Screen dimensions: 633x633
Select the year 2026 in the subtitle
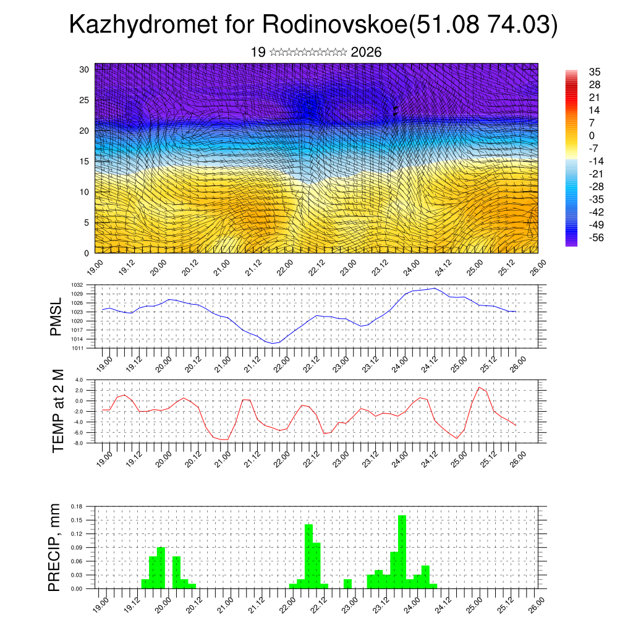click(x=366, y=53)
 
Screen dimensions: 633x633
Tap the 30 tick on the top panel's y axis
click(x=85, y=69)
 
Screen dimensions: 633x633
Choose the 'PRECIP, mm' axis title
click(x=56, y=547)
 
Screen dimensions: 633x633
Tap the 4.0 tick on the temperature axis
click(x=79, y=380)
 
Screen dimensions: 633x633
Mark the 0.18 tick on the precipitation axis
click(x=76, y=506)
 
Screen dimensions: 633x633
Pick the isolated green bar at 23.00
click(x=347, y=584)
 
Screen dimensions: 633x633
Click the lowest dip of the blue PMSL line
click(x=273, y=343)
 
